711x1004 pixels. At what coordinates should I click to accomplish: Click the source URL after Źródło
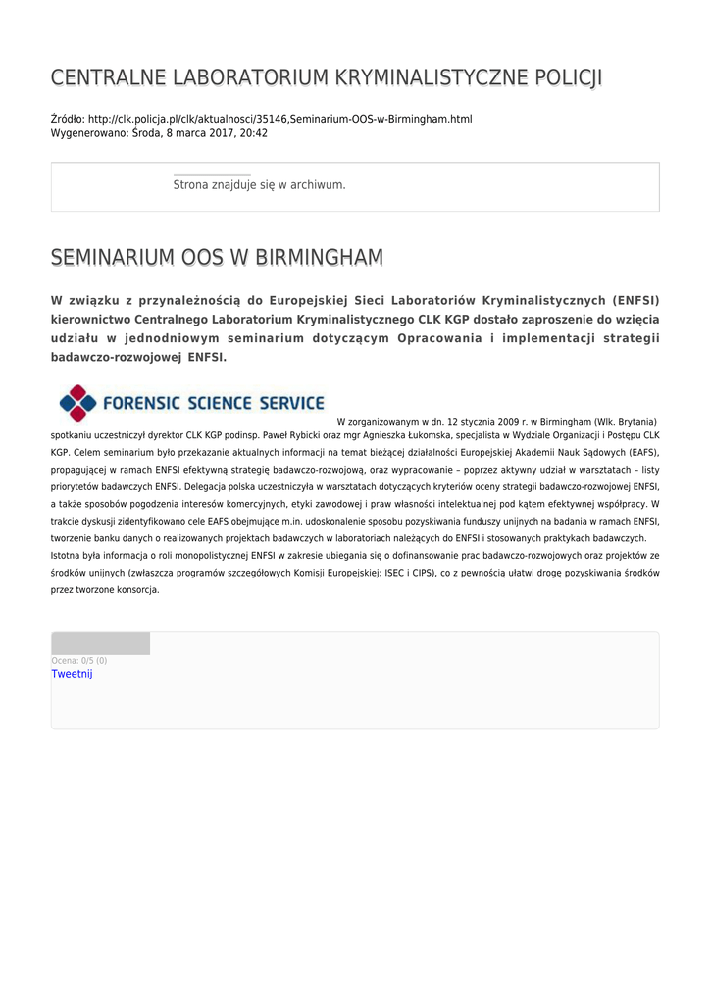(x=280, y=119)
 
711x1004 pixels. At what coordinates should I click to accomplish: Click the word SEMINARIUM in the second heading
(x=113, y=258)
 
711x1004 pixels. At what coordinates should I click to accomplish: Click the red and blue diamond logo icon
(x=77, y=403)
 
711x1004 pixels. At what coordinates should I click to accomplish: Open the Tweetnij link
(x=72, y=674)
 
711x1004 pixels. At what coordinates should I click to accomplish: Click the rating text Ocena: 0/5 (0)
(x=79, y=661)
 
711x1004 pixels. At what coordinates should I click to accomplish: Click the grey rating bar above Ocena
(x=100, y=643)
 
